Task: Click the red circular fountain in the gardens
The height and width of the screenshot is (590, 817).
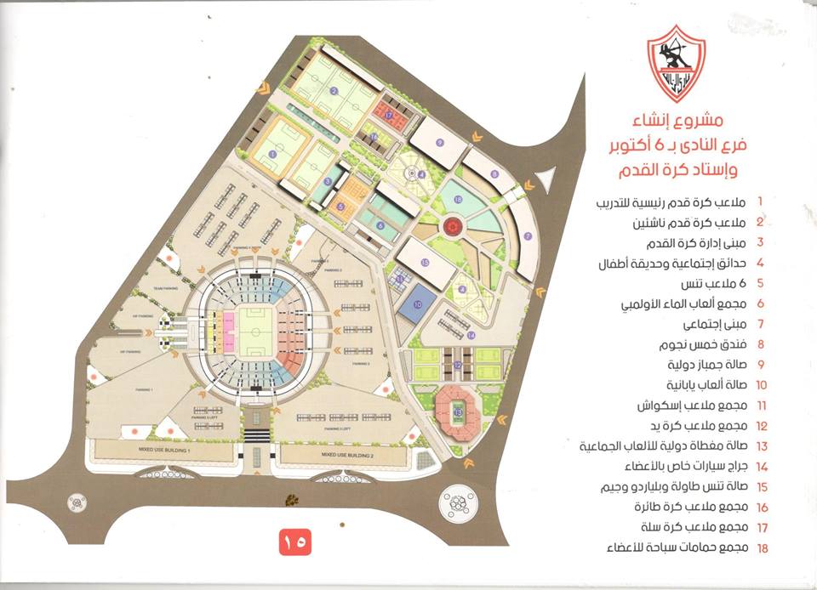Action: (452, 226)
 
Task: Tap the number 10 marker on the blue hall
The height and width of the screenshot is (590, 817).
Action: (418, 304)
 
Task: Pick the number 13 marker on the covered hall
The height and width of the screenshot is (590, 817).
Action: (459, 412)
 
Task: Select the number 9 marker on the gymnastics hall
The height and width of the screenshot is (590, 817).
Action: (440, 142)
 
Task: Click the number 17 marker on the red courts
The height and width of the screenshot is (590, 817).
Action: (390, 114)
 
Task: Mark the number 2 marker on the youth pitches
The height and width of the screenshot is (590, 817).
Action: (334, 91)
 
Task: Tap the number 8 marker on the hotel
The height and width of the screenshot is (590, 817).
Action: (494, 174)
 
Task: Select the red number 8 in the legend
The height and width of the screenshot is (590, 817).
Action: (760, 345)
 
